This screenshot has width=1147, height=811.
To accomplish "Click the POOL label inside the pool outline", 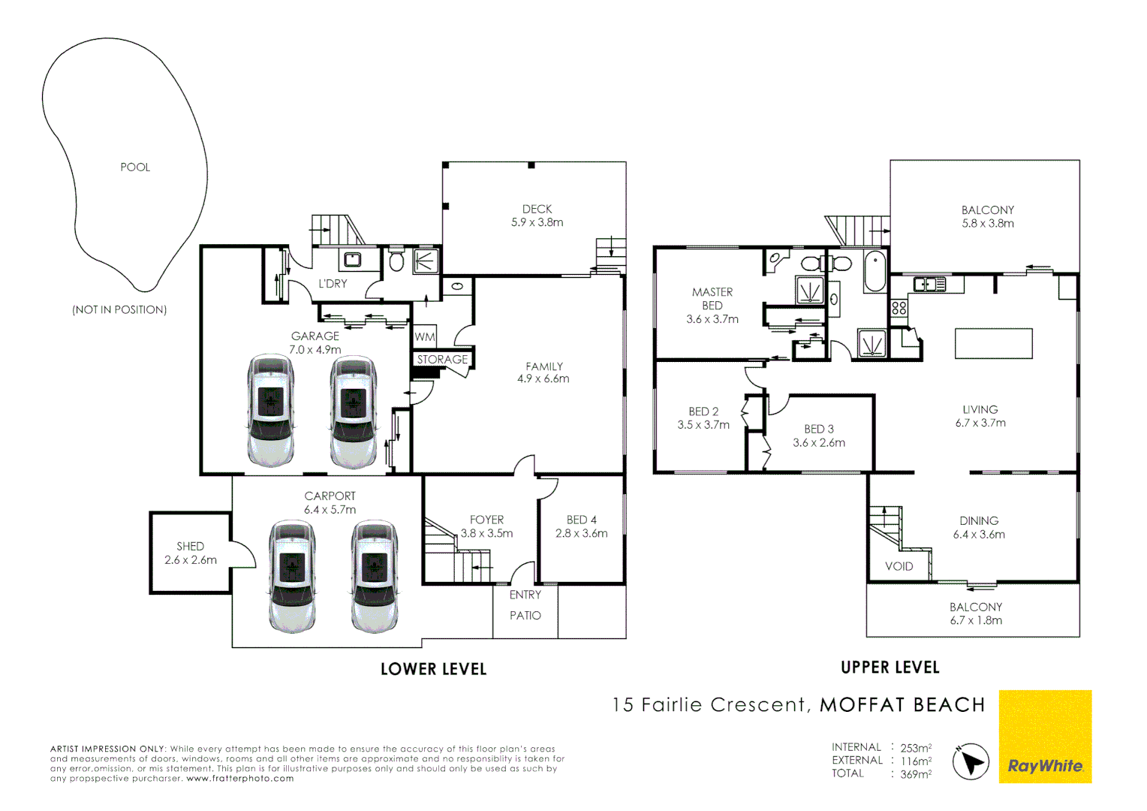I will [135, 167].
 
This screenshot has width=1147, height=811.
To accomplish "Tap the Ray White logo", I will [1045, 766].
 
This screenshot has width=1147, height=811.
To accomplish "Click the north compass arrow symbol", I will [971, 761].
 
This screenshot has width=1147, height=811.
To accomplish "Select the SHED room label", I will [190, 547].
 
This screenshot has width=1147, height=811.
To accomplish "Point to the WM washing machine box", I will [425, 337].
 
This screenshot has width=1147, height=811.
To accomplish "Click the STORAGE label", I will [442, 360].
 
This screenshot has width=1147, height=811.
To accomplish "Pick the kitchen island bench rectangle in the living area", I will [993, 344].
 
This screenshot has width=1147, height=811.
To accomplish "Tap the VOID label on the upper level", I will [899, 566].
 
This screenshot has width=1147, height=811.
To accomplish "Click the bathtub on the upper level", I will [875, 272].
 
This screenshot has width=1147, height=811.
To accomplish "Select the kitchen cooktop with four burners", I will [899, 308].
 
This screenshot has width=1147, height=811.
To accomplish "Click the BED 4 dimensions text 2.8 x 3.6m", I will [581, 534].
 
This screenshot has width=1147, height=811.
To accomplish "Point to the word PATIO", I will [525, 616].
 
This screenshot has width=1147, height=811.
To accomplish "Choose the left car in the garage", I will [270, 411].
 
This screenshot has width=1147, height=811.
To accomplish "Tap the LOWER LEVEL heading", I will [433, 669].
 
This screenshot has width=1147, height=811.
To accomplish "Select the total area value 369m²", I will [916, 774].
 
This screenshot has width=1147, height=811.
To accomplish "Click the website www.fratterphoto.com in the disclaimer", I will [239, 779].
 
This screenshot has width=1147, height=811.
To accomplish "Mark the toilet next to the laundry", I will [396, 261].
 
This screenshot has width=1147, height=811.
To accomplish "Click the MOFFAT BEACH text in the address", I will [902, 705].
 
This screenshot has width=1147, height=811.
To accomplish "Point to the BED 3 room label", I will [818, 429].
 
